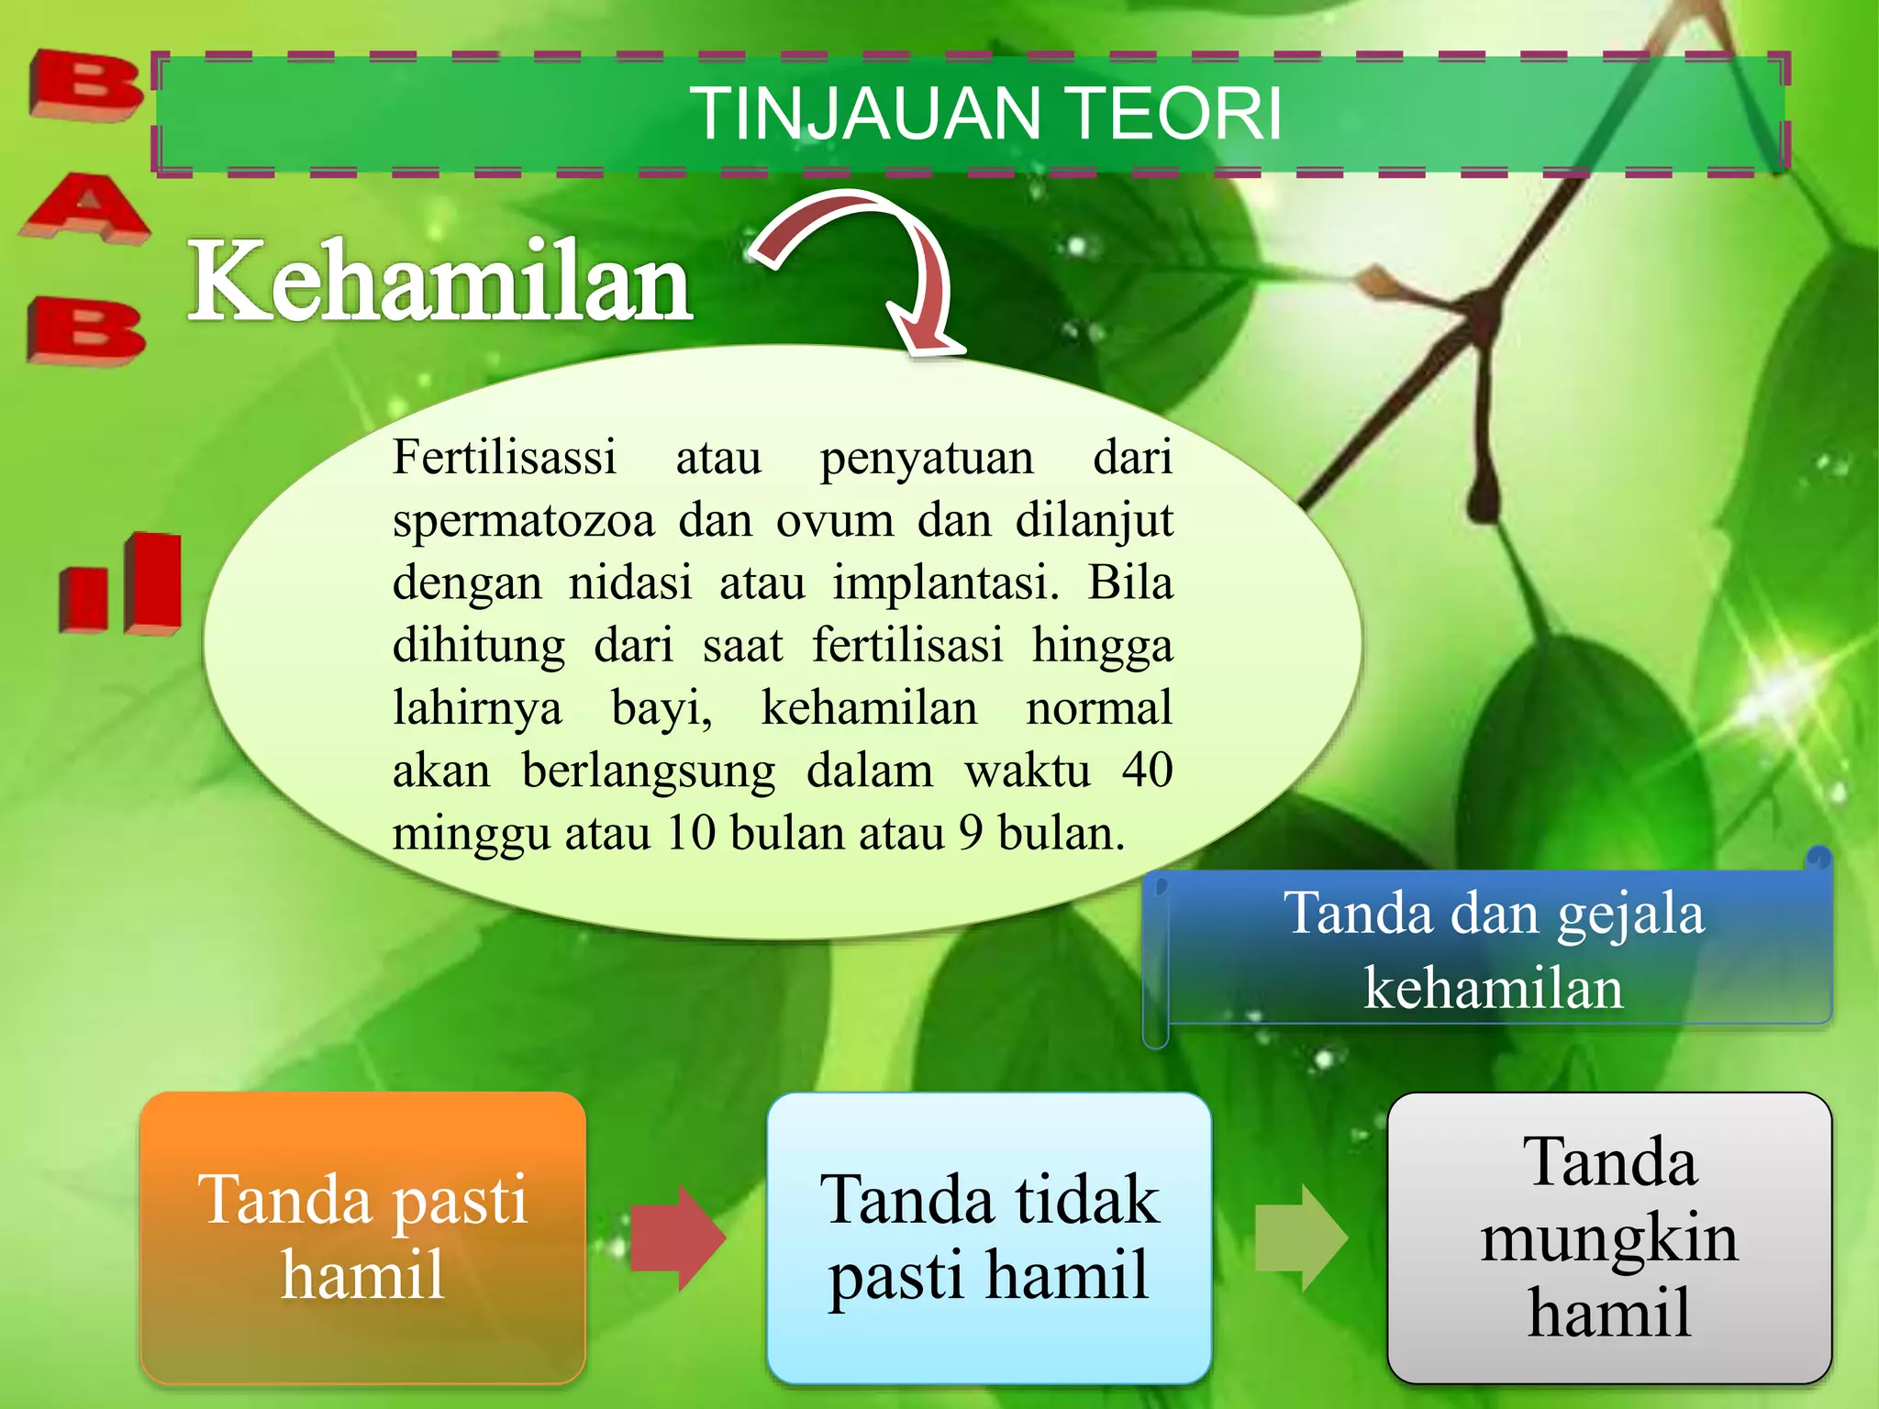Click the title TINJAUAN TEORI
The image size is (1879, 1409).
989,114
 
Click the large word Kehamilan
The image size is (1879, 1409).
440,282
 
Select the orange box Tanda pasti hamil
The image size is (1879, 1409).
363,1237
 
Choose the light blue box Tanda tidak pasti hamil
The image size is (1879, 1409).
989,1237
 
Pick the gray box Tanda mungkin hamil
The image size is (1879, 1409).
1609,1237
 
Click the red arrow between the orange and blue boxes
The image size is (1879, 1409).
677,1237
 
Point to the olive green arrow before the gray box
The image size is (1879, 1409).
1300,1237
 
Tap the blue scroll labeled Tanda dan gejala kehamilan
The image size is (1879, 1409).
1494,950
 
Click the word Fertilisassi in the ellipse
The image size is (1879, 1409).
505,457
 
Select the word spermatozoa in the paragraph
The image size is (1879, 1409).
524,520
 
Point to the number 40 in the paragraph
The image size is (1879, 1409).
1147,770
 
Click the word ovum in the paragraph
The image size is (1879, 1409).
835,520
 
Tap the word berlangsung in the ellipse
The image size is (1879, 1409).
649,771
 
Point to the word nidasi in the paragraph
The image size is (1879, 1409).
630,582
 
